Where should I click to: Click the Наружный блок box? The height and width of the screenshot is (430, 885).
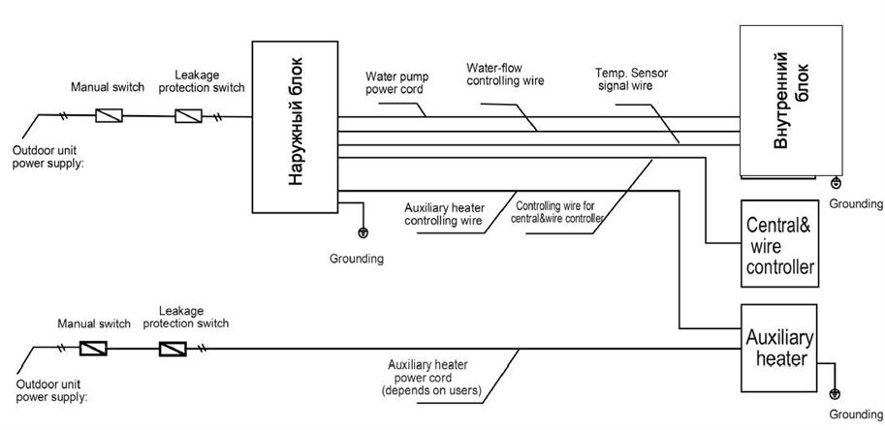pos(295,127)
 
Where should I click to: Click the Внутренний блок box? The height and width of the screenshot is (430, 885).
pos(791,101)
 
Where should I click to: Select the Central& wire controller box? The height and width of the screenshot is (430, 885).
pos(779,243)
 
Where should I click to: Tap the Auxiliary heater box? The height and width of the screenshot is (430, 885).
pos(779,349)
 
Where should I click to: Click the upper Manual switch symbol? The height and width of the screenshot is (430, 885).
pos(108,116)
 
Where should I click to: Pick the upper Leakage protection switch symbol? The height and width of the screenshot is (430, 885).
pos(188,116)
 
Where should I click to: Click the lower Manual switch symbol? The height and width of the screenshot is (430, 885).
pos(93,349)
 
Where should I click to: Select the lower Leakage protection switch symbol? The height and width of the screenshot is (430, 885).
pos(173,349)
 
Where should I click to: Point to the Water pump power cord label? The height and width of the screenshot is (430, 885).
pos(396,82)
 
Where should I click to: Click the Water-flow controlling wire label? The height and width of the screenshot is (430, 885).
pos(505,74)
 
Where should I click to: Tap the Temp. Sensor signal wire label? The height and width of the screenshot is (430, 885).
pos(632,79)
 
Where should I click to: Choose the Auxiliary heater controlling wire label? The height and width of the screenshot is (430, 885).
pos(444,214)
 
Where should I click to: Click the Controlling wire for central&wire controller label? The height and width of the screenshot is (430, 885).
pos(557,212)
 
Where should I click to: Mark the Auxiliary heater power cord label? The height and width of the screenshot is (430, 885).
pos(431,378)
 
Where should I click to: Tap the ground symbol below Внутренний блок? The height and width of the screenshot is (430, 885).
pos(836,183)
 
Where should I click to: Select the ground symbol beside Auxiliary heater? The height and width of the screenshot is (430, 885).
pos(836,394)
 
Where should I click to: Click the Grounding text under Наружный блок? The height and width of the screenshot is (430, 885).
pos(357,260)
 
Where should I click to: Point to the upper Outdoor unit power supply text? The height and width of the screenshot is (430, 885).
pos(46,156)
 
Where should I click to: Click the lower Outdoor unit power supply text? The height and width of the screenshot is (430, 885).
pos(48,391)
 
